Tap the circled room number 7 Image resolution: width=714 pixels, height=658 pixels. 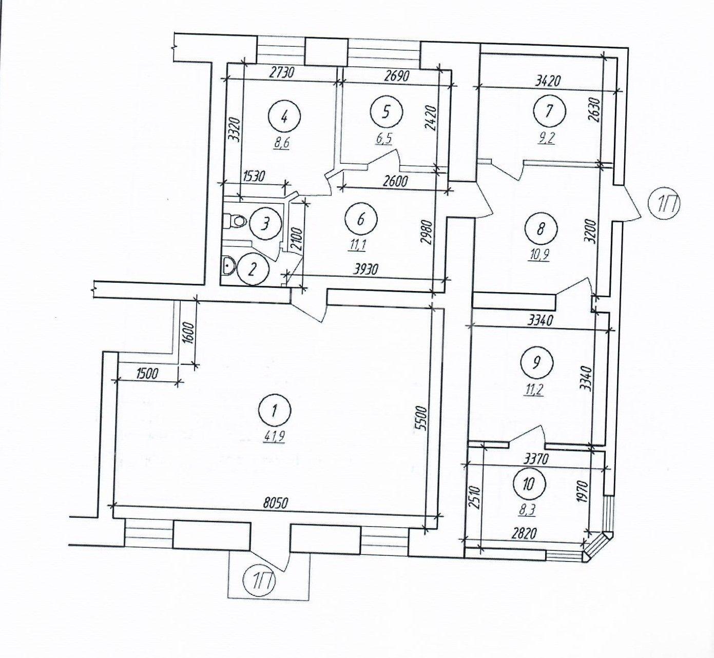pyautogui.click(x=549, y=111)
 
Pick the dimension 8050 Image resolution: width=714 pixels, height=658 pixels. pyautogui.click(x=276, y=504)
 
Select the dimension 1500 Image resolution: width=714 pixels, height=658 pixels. pyautogui.click(x=146, y=375)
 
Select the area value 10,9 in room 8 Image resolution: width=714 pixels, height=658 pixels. pyautogui.click(x=539, y=255)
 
